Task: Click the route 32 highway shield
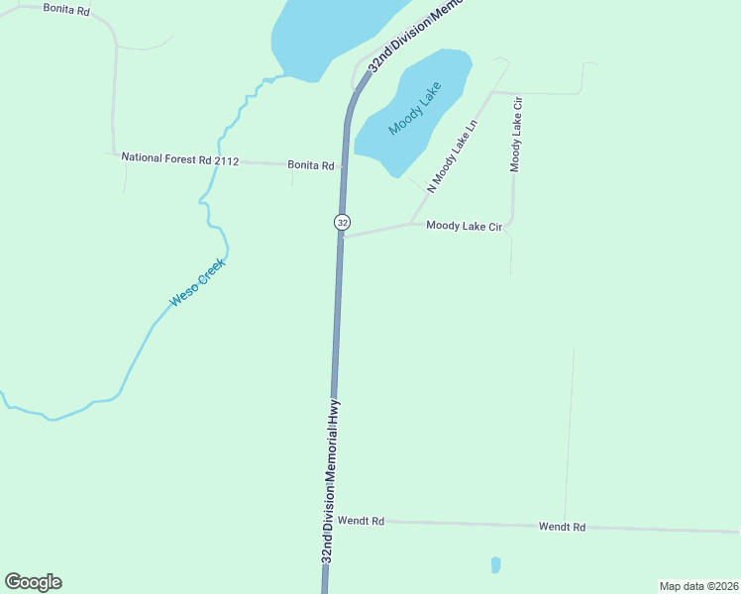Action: [342, 223]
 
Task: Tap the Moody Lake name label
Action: [414, 108]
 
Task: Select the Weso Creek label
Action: [198, 281]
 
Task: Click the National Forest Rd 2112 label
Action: [180, 158]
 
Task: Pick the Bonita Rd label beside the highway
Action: [310, 165]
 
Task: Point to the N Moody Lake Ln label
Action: [453, 155]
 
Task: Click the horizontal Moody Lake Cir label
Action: [465, 226]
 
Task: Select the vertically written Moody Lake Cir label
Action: [515, 135]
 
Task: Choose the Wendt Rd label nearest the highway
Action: [360, 520]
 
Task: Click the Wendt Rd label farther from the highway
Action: [562, 527]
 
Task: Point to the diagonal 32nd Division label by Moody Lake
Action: [414, 36]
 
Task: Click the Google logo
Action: [33, 582]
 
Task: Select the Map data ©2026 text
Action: [698, 586]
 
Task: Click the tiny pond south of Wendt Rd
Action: [495, 564]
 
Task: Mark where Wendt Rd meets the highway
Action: [328, 520]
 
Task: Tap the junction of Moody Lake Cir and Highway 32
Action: [342, 238]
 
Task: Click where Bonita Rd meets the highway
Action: [344, 165]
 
